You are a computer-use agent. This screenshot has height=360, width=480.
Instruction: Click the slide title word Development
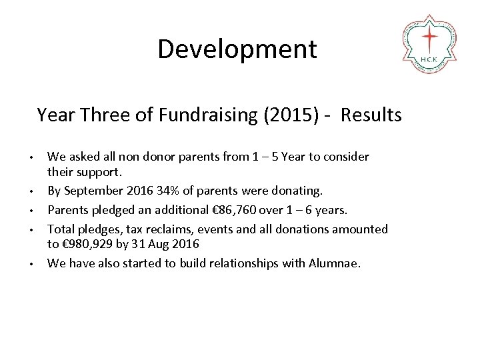coord(237,49)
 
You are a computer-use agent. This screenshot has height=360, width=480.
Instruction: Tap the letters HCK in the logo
coord(429,59)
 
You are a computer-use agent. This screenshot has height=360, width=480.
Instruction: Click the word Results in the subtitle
coord(371,115)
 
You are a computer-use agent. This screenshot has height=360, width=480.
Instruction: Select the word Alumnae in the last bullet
coord(334,263)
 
